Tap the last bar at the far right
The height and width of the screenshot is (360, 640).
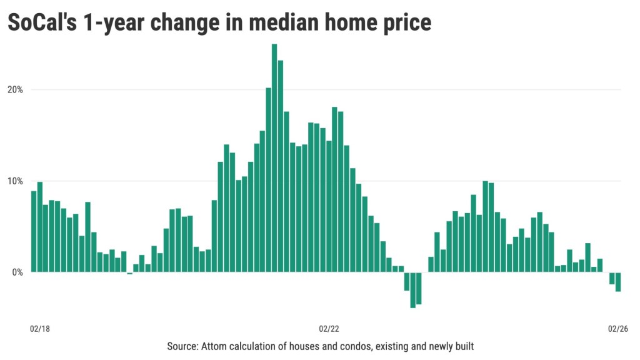(617, 282)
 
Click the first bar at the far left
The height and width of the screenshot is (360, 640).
(34, 231)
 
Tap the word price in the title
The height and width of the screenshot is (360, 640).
(404, 22)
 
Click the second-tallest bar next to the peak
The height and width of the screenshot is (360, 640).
(281, 166)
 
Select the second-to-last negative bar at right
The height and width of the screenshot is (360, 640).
(612, 278)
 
